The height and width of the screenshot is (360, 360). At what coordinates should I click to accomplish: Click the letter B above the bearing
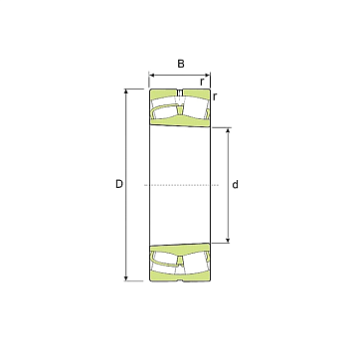click(181, 64)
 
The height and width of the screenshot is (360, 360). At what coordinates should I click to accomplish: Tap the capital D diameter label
click(119, 184)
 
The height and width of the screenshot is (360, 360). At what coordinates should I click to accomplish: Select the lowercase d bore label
click(235, 184)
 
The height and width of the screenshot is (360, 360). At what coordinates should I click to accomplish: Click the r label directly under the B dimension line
click(202, 82)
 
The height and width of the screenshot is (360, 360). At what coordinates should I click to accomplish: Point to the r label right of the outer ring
click(215, 96)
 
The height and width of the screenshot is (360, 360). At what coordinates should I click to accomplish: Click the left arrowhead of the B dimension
click(151, 76)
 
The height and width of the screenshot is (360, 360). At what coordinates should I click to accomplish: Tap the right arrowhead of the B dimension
click(208, 76)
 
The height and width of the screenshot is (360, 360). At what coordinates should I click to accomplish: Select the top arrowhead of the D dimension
click(125, 91)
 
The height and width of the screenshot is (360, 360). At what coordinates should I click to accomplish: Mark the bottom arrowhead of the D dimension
click(125, 278)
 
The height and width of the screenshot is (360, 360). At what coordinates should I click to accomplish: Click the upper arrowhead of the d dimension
click(228, 130)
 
